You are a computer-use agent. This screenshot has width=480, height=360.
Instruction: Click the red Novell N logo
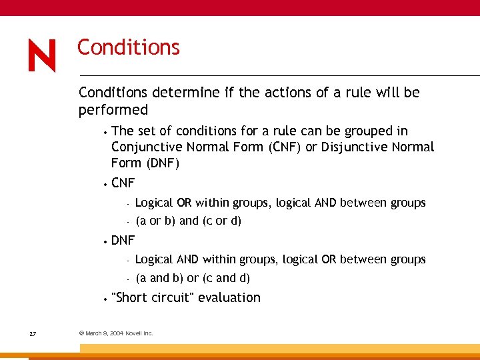point(41,56)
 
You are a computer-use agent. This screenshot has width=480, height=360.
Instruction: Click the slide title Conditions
point(128,47)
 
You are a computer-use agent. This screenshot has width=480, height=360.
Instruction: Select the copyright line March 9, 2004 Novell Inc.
point(116,333)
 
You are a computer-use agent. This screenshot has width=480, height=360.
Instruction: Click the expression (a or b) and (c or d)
point(188,221)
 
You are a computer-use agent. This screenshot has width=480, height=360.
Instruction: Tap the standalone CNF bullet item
point(123,183)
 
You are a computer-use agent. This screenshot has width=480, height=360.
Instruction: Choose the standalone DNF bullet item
point(123,240)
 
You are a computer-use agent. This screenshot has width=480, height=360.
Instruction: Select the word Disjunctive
point(352,147)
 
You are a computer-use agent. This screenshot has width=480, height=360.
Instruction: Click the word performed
point(113,109)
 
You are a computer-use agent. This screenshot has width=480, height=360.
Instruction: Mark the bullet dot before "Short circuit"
point(106,299)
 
